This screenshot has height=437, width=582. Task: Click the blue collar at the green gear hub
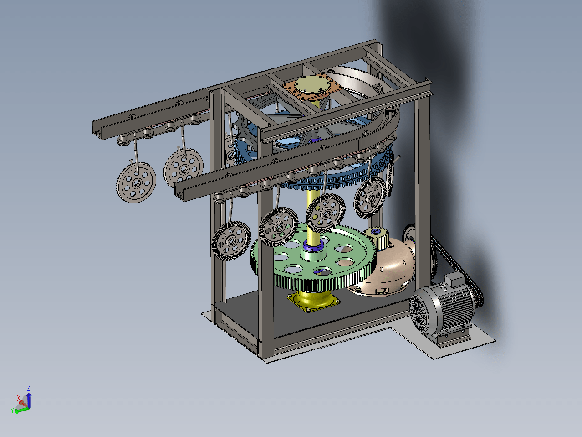click(x=313, y=245)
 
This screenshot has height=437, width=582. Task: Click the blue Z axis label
click(x=29, y=388)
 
